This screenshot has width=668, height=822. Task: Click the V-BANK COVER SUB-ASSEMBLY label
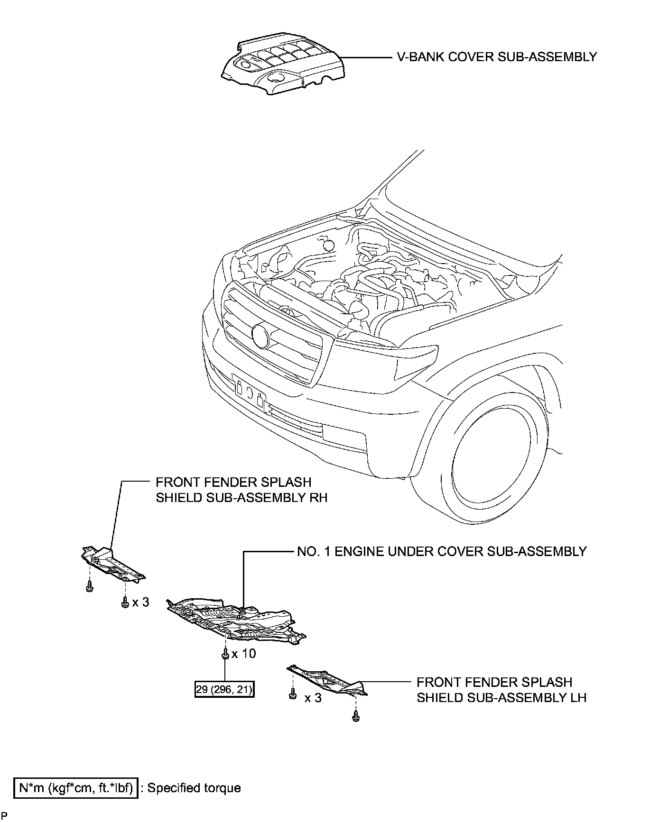[497, 57]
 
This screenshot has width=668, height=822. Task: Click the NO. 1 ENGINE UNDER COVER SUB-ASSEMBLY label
[442, 551]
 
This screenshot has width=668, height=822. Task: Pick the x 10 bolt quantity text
[244, 654]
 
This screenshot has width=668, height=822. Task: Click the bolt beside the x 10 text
[224, 654]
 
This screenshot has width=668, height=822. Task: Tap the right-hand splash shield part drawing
[111, 564]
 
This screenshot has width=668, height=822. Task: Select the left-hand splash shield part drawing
[327, 680]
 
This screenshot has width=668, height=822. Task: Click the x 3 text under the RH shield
[141, 602]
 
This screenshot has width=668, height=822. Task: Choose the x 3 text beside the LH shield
[313, 698]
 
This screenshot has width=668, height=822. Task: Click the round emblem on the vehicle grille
[261, 334]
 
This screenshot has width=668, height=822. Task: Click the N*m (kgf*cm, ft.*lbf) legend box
[76, 788]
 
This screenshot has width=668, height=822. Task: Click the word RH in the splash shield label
[318, 498]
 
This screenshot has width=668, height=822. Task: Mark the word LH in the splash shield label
[577, 698]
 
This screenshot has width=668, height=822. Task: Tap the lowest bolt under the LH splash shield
[355, 718]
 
